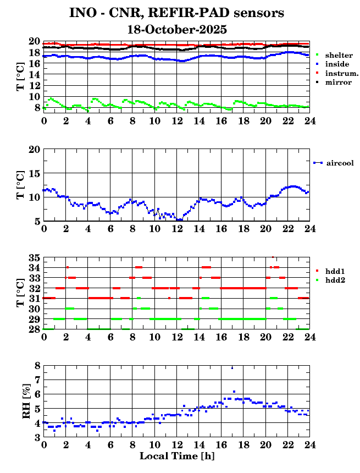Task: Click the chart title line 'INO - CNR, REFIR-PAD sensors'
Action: point(176,13)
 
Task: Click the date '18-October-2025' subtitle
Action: point(176,29)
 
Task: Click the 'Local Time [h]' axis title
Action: point(176,456)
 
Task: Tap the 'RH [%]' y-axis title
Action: point(26,402)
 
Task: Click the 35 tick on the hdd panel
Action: point(35,257)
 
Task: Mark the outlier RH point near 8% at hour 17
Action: point(232,367)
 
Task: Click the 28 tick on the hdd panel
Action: point(35,329)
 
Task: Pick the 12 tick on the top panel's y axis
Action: point(35,85)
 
